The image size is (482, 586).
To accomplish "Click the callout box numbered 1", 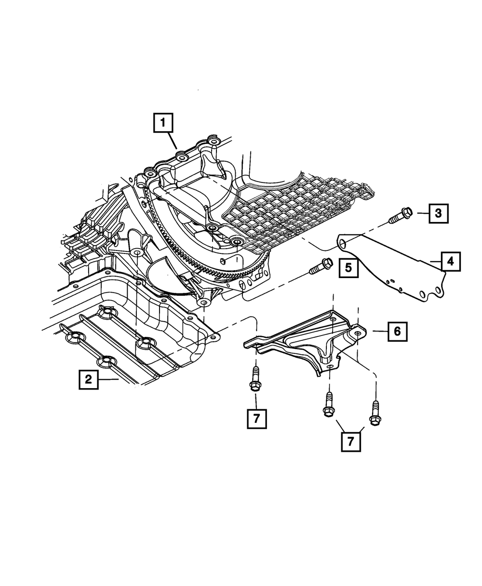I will (x=163, y=123).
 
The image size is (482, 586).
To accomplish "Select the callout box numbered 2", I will (x=89, y=379).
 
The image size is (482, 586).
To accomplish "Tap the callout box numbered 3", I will (x=438, y=213).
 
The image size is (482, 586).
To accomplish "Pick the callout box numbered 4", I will (x=450, y=261).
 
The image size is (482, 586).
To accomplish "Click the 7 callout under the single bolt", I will (x=256, y=419).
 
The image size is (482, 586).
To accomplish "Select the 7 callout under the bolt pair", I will (x=351, y=441).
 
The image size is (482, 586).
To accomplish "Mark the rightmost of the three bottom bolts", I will (x=375, y=414).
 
